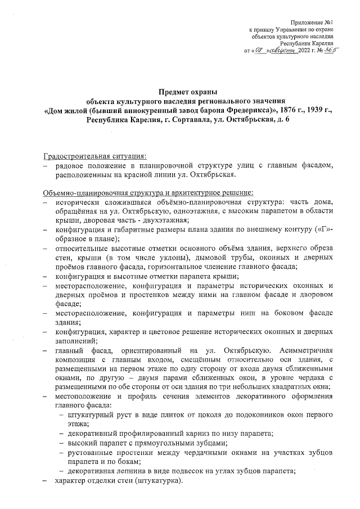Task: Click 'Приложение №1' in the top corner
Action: pyautogui.click(x=311, y=21)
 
